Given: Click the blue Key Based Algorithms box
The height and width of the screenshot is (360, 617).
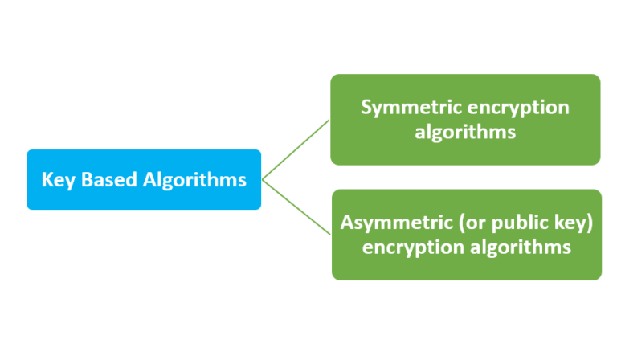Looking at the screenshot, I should pyautogui.click(x=144, y=179).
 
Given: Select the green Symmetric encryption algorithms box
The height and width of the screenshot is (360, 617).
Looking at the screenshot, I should pyautogui.click(x=465, y=119).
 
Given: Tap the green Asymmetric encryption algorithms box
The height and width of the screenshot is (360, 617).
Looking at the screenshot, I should pyautogui.click(x=466, y=235).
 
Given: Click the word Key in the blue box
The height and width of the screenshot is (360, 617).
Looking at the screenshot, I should pyautogui.click(x=57, y=180).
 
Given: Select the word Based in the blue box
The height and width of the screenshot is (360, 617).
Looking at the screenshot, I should pyautogui.click(x=107, y=179).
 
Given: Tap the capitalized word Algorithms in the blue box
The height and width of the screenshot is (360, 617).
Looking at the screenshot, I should pyautogui.click(x=194, y=180).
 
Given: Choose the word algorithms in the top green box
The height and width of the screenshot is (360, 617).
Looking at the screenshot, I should pyautogui.click(x=465, y=132).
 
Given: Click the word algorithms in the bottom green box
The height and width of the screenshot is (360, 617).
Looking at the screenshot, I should pyautogui.click(x=521, y=247).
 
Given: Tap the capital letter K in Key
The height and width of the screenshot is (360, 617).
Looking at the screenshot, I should pyautogui.click(x=47, y=179).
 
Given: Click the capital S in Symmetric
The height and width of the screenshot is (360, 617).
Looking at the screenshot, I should pyautogui.click(x=366, y=107).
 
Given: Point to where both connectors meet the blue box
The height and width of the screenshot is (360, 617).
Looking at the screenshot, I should pyautogui.click(x=263, y=178).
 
